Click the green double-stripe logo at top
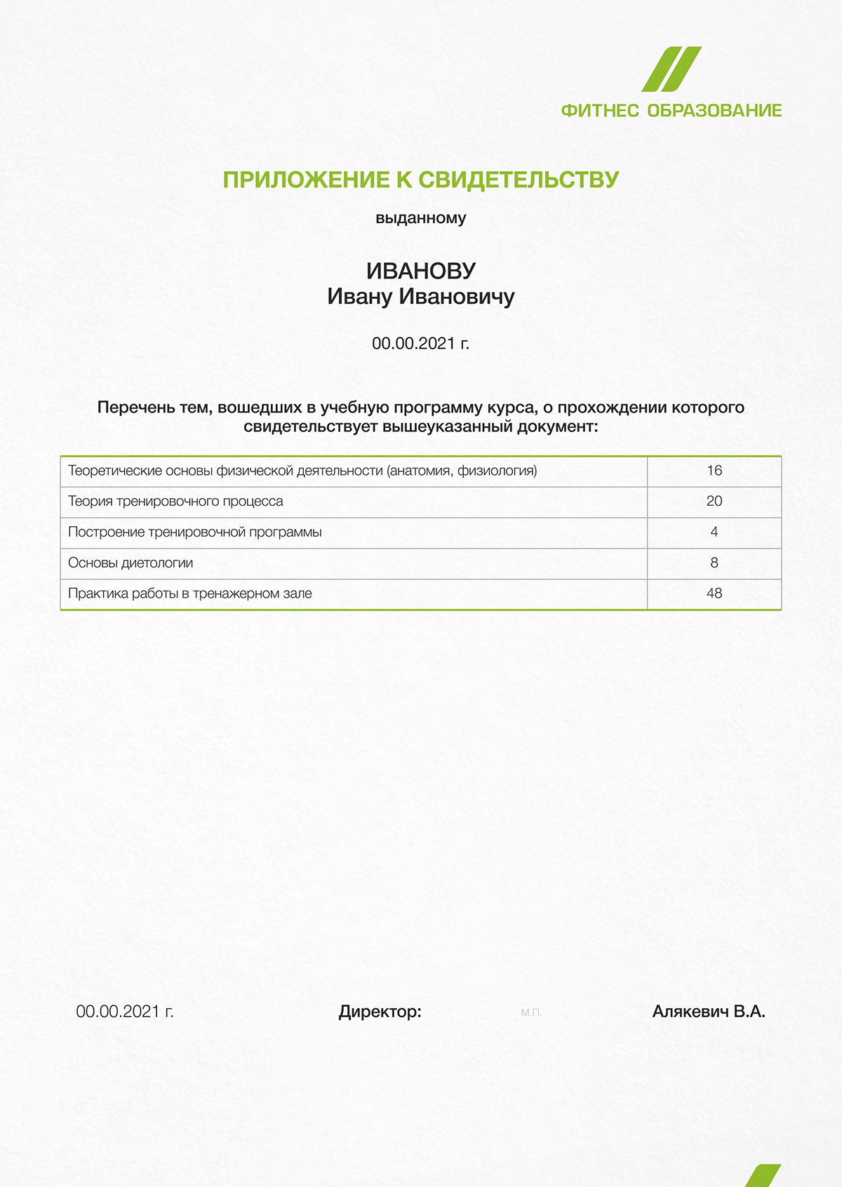671,69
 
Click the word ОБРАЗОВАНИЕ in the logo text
714,111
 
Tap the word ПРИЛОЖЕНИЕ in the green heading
306,180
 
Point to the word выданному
421,218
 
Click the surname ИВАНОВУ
421,271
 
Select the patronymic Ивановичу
457,297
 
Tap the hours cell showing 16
714,471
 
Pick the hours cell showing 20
714,502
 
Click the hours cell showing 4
714,532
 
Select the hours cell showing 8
714,563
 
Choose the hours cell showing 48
714,593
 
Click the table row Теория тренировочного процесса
176,502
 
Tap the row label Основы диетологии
131,563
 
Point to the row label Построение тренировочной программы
195,532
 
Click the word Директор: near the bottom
380,1012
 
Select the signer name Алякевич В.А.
709,1012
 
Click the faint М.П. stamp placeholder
531,1012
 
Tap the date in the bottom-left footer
125,1012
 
